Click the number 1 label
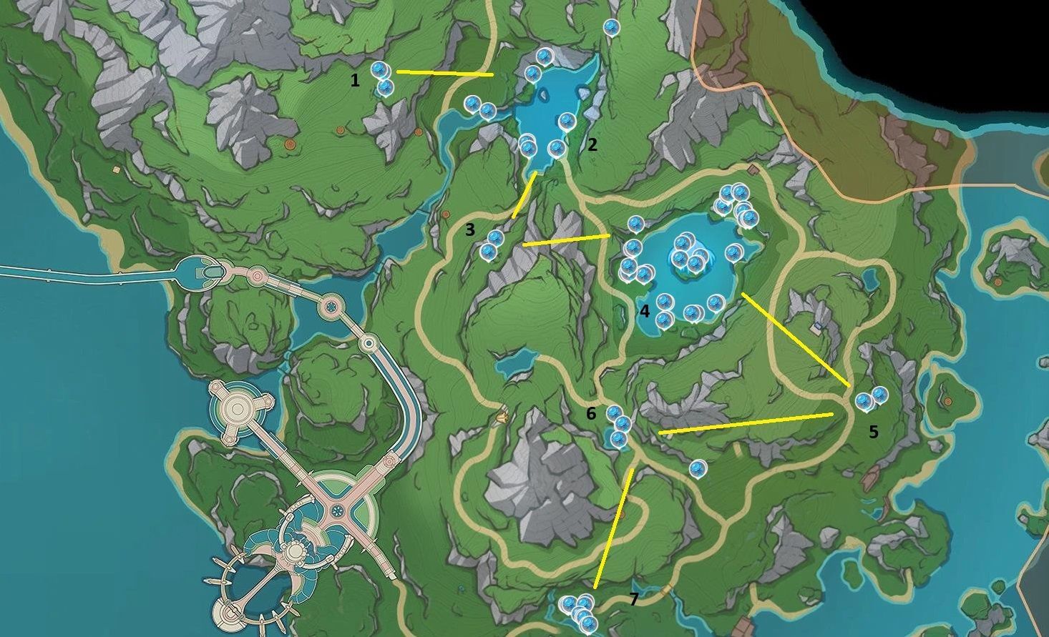pyautogui.click(x=355, y=81)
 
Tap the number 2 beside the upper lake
pyautogui.click(x=592, y=144)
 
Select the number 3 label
pyautogui.click(x=470, y=229)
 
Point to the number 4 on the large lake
pyautogui.click(x=645, y=311)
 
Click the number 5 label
pyautogui.click(x=873, y=432)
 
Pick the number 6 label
pyautogui.click(x=591, y=413)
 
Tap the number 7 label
pyautogui.click(x=633, y=598)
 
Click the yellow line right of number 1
pyautogui.click(x=445, y=73)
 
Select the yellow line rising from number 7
pyautogui.click(x=614, y=528)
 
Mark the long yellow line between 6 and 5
pyautogui.click(x=746, y=423)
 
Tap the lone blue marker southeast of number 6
pyautogui.click(x=698, y=468)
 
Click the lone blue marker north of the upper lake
pyautogui.click(x=610, y=27)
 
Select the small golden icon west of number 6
pyautogui.click(x=502, y=414)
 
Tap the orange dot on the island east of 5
pyautogui.click(x=948, y=401)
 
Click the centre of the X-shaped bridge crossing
pyautogui.click(x=333, y=510)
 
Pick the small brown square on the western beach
pyautogui.click(x=116, y=170)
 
